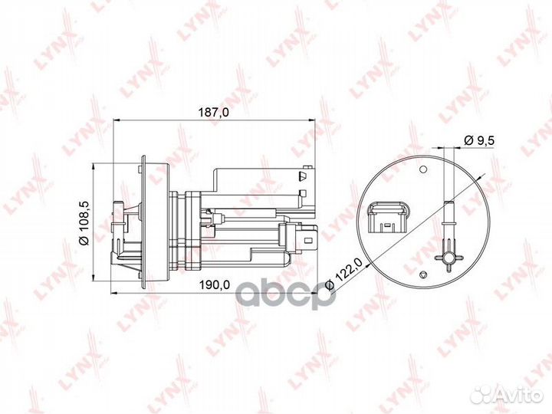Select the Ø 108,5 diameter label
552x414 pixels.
point(84,221)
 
